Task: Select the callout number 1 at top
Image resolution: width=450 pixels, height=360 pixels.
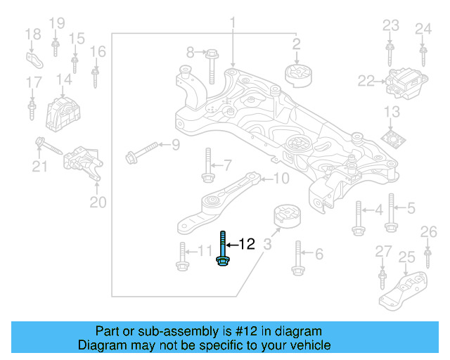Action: pos(232,26)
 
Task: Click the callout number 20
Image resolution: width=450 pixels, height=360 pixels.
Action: pos(98,203)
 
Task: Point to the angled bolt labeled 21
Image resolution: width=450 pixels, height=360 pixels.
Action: pos(49,148)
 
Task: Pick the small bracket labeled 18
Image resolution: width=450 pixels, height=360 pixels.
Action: pos(33,56)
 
